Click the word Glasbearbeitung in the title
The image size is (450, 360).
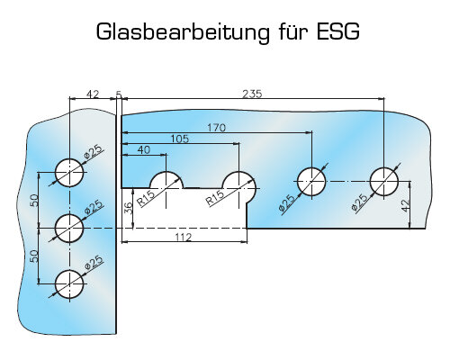pos(183,32)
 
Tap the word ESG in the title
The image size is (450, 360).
pos(337,31)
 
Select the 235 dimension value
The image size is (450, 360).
pos(252,94)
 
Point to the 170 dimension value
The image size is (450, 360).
pos(217,128)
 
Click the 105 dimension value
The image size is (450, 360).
pos(180,139)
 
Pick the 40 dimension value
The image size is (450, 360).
pos(144,149)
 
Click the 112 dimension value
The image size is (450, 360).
pos(184,238)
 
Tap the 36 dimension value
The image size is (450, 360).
pos(128,208)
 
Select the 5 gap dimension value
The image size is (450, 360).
pos(119,94)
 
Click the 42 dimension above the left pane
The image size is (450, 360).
pos(93,94)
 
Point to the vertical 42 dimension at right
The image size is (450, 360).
pos(405,206)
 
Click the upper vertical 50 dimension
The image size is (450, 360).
pos(34,201)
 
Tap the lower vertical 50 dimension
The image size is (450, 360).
pos(34,256)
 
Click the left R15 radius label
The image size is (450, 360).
pos(146,198)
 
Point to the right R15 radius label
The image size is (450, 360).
pos(215,198)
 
